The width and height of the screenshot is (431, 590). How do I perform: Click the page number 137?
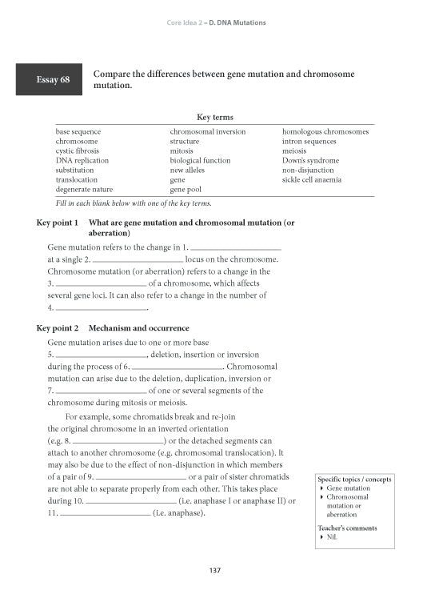(x=214, y=570)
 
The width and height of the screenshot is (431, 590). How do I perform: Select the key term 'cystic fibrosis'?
(x=76, y=151)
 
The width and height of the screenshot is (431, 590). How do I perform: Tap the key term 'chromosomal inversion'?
(x=207, y=131)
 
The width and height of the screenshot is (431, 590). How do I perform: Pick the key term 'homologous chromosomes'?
(x=325, y=131)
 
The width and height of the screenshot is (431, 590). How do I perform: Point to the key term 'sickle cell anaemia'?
(x=312, y=180)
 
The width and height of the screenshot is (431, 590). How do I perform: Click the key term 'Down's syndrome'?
(x=310, y=160)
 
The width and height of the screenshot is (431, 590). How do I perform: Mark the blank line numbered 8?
(x=118, y=441)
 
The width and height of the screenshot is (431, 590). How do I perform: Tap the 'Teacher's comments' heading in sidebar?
(x=348, y=528)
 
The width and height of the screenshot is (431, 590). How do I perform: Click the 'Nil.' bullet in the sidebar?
(x=331, y=538)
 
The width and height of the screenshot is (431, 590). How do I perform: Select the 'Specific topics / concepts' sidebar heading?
(x=355, y=479)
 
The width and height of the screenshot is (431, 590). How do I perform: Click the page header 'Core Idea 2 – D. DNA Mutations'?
(x=214, y=22)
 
